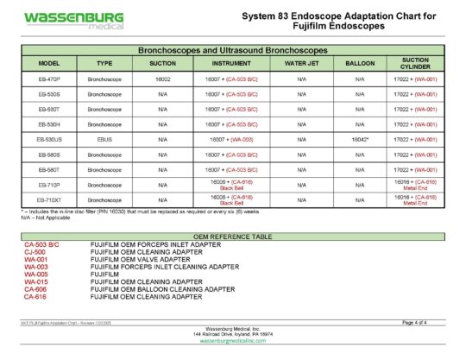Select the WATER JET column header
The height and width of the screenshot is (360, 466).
pos(302,64)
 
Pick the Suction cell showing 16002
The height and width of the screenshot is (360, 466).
pos(162,79)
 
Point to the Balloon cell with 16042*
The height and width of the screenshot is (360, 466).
pos(360,139)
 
